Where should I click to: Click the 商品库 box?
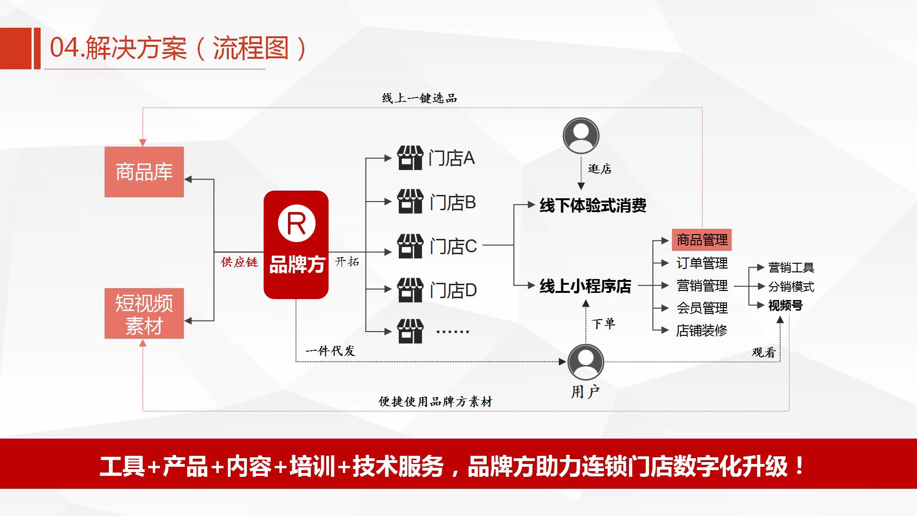pyautogui.click(x=144, y=172)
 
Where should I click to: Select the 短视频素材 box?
pyautogui.click(x=144, y=313)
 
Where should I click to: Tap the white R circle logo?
pyautogui.click(x=297, y=223)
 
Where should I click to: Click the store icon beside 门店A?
pyautogui.click(x=410, y=158)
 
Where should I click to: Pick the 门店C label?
pyautogui.click(x=453, y=247)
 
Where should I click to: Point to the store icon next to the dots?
pyautogui.click(x=410, y=331)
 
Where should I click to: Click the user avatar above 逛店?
pyautogui.click(x=581, y=136)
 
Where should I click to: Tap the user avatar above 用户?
pyautogui.click(x=586, y=362)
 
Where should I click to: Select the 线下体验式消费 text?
pyautogui.click(x=593, y=205)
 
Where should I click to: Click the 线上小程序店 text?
pyautogui.click(x=585, y=286)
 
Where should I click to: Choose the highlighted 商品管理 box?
pyautogui.click(x=702, y=240)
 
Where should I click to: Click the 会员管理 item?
pyautogui.click(x=702, y=308)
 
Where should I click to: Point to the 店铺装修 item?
pyautogui.click(x=702, y=331)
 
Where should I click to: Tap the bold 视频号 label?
pyautogui.click(x=785, y=305)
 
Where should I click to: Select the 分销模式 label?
pyautogui.click(x=791, y=287)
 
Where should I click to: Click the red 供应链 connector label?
pyautogui.click(x=239, y=262)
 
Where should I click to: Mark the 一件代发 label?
pyautogui.click(x=331, y=351)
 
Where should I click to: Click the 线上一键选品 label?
pyautogui.click(x=419, y=98)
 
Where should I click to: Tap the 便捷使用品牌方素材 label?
pyautogui.click(x=435, y=401)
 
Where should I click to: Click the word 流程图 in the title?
pyautogui.click(x=251, y=48)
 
